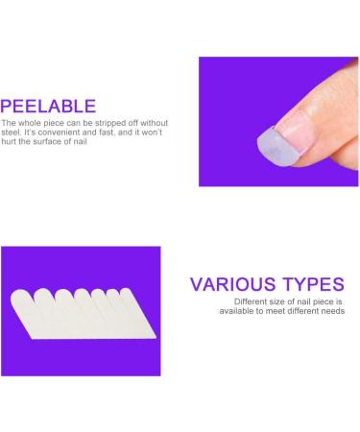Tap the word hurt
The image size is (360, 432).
pos(9,144)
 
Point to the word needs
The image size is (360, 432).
pos(331,311)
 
